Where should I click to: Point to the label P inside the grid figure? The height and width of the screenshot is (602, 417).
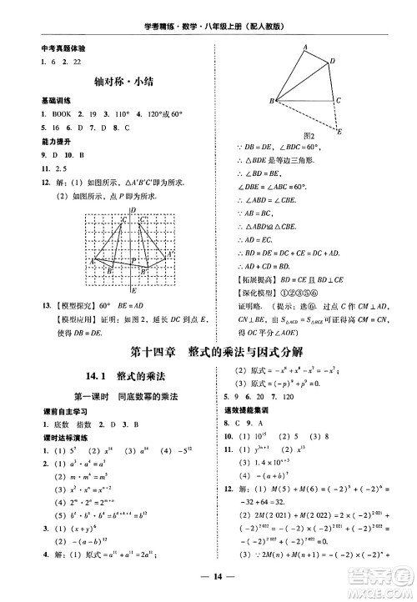coord(133,259)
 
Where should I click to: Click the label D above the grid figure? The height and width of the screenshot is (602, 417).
coord(133,211)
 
